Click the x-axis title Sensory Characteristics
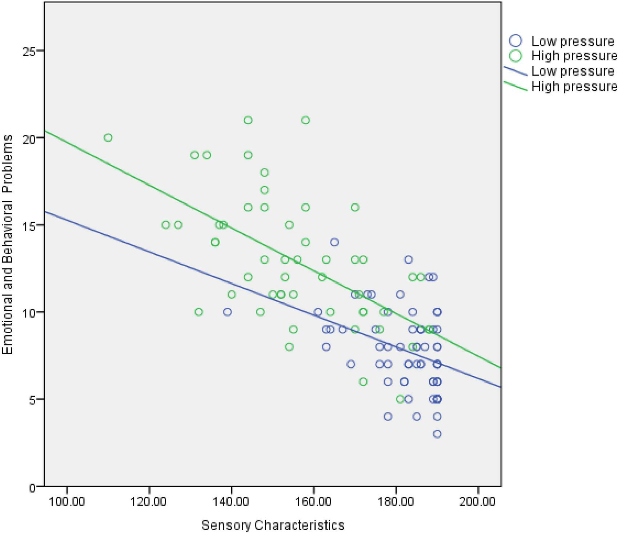click(273, 525)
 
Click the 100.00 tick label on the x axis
click(66, 502)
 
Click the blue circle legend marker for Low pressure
click(515, 41)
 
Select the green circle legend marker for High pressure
click(515, 56)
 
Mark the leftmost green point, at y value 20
click(108, 138)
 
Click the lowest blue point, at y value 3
click(437, 434)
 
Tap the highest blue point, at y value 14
click(334, 242)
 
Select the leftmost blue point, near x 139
click(228, 312)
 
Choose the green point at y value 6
click(363, 381)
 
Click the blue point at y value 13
click(408, 259)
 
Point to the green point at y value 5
click(400, 399)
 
